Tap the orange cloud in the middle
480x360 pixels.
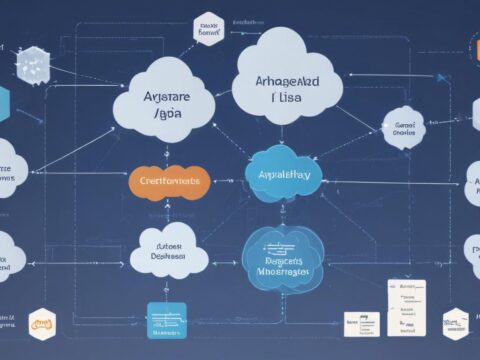click(x=169, y=181)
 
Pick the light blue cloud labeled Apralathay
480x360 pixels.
click(x=285, y=172)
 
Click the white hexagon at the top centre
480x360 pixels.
click(x=208, y=30)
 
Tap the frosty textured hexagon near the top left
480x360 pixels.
click(x=30, y=64)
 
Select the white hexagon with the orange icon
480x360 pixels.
click(x=42, y=325)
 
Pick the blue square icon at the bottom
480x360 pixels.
click(x=166, y=321)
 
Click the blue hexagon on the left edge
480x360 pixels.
click(x=3, y=104)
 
